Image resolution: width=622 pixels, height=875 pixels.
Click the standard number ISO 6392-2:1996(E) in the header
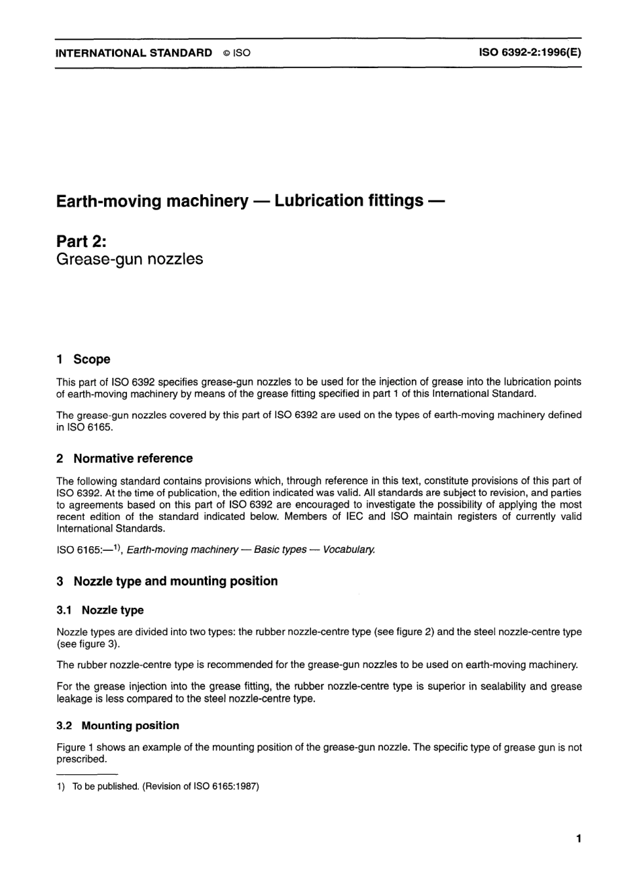pyautogui.click(x=531, y=52)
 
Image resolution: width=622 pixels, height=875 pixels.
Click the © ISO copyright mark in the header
pyautogui.click(x=236, y=53)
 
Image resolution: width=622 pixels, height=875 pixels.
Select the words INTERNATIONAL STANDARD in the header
pyautogui.click(x=134, y=53)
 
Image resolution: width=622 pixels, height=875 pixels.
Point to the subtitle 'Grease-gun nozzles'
pyautogui.click(x=130, y=259)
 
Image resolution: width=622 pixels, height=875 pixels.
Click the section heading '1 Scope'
pyautogui.click(x=83, y=359)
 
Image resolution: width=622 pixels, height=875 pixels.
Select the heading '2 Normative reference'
pyautogui.click(x=124, y=458)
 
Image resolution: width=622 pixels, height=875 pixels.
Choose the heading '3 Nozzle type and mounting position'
pyautogui.click(x=167, y=581)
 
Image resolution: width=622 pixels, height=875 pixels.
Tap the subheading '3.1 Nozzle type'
pyautogui.click(x=100, y=610)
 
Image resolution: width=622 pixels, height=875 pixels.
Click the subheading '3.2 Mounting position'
pyautogui.click(x=118, y=725)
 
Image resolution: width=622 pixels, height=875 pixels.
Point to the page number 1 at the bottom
pyautogui.click(x=579, y=838)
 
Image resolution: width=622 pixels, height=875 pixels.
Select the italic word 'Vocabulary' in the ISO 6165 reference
pyautogui.click(x=349, y=549)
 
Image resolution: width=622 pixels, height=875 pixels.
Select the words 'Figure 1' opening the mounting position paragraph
pyautogui.click(x=71, y=747)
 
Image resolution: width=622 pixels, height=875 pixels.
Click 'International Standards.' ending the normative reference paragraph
pyautogui.click(x=111, y=529)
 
